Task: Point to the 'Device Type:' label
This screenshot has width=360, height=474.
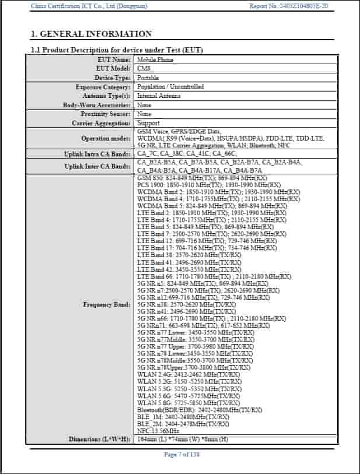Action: (113, 78)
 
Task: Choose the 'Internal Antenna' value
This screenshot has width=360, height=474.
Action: (159, 96)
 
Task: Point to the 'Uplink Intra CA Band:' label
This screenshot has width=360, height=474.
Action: (97, 154)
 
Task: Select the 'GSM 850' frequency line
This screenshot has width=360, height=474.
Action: (202, 177)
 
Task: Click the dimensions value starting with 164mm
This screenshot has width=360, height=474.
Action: (182, 439)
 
